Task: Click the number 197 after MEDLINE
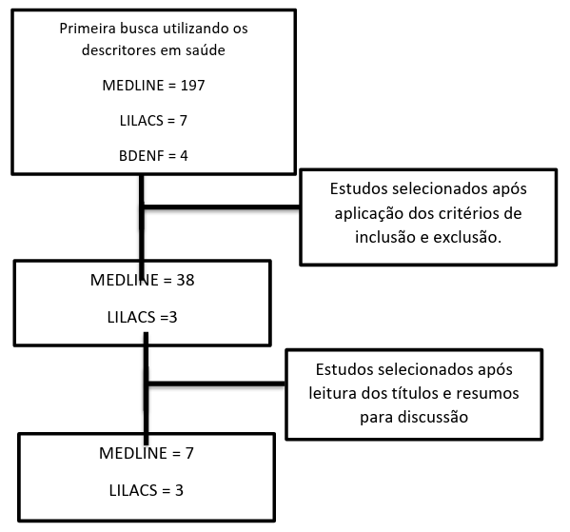click(x=192, y=86)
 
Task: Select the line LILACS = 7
click(x=153, y=121)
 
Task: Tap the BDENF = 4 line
click(x=153, y=156)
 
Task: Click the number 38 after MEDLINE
click(x=186, y=281)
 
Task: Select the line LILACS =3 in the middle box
click(x=142, y=318)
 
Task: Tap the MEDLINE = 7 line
click(x=147, y=453)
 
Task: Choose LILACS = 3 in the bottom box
click(x=147, y=490)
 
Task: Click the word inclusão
click(x=385, y=237)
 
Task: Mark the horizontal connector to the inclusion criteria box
click(x=222, y=207)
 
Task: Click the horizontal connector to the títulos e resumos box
click(x=217, y=384)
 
